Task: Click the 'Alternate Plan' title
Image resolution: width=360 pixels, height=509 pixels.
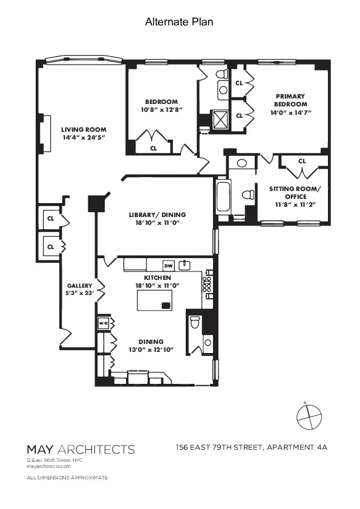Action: tap(179, 22)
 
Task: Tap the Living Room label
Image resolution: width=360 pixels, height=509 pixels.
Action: tap(83, 129)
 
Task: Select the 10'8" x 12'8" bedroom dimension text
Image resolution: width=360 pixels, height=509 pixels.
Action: tap(161, 110)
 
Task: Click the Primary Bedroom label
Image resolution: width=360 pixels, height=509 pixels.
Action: tap(290, 100)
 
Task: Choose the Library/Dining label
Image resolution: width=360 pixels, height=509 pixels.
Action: tap(157, 215)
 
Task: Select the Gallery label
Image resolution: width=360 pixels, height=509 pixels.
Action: tap(79, 285)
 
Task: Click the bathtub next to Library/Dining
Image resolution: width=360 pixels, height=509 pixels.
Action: tap(223, 197)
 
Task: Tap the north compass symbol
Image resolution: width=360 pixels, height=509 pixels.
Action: tap(308, 416)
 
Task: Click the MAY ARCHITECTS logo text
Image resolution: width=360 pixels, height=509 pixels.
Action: tap(80, 449)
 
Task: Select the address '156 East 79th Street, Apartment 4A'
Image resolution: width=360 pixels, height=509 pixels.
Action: tap(250, 447)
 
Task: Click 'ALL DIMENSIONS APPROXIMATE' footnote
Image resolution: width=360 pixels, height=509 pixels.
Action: tap(67, 478)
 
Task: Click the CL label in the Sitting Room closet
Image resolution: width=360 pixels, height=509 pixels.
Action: tap(302, 161)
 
